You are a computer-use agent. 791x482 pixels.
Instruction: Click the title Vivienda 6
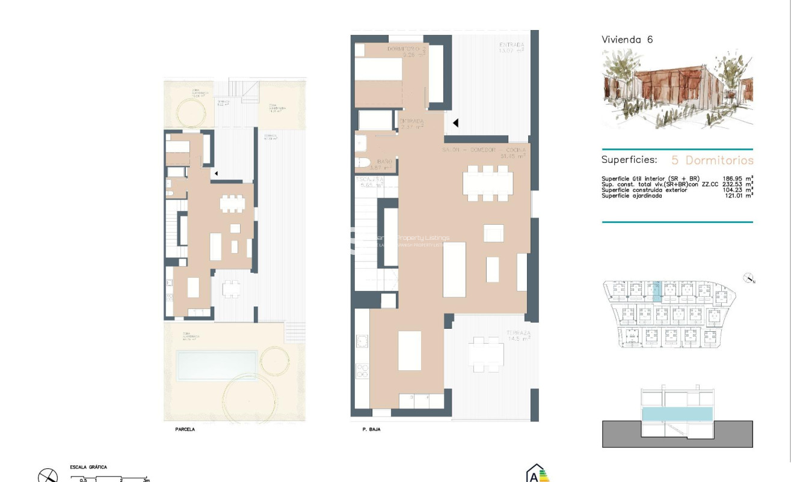tap(627, 40)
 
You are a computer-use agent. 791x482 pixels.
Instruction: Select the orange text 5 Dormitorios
tap(712, 160)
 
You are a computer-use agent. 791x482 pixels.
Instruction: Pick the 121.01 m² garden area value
tap(737, 195)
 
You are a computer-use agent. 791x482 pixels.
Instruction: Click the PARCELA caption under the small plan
tap(185, 430)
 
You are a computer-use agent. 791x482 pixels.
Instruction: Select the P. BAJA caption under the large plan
tap(371, 430)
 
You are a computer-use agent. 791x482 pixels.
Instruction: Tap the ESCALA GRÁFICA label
tap(88, 467)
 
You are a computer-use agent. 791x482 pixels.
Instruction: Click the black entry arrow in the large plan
tap(456, 123)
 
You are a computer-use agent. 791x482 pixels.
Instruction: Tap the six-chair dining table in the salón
tap(487, 183)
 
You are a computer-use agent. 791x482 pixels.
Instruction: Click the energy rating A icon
tap(537, 474)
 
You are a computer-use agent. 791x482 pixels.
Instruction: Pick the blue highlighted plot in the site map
tap(657, 291)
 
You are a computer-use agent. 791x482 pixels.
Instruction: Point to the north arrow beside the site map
tap(749, 278)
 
